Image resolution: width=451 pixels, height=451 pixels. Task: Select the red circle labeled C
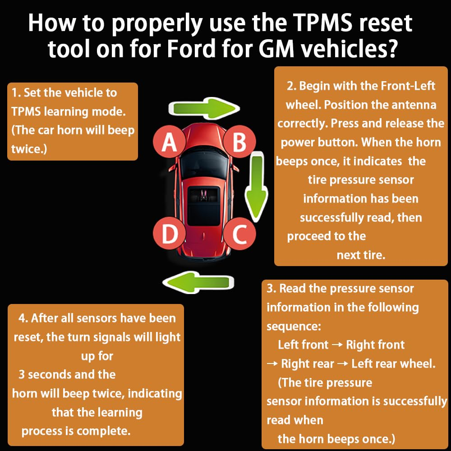click(239, 235)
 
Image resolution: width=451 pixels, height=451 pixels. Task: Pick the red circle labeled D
click(169, 235)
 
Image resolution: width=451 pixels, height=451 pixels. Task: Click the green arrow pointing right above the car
click(203, 108)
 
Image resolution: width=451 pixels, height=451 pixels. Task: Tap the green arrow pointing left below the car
click(198, 282)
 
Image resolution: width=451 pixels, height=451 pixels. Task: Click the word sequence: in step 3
click(294, 326)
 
